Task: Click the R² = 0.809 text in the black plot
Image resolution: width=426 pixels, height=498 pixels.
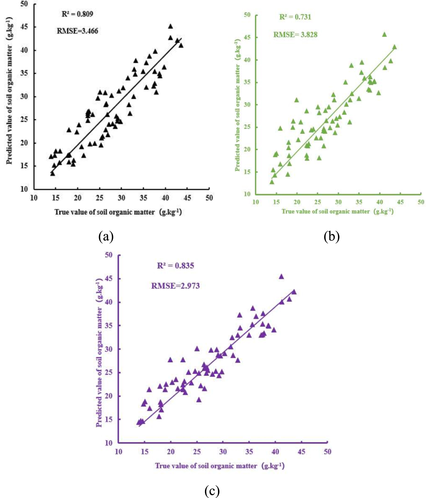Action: click(x=77, y=14)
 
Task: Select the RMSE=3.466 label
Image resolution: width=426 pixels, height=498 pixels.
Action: click(x=77, y=31)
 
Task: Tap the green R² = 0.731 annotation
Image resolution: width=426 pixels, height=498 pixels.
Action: click(x=295, y=17)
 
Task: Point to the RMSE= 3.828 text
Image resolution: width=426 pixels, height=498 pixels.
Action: click(x=295, y=35)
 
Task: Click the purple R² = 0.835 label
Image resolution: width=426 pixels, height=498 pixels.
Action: click(x=175, y=266)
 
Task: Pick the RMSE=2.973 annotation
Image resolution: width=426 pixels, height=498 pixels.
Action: click(x=175, y=286)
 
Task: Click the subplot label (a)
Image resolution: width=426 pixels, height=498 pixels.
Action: click(x=106, y=236)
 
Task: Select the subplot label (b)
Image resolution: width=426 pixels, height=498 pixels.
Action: click(x=331, y=236)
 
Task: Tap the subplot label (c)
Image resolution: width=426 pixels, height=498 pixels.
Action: click(x=212, y=490)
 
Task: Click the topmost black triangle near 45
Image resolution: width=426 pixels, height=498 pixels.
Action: click(x=170, y=26)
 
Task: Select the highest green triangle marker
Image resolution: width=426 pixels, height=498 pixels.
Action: click(x=384, y=35)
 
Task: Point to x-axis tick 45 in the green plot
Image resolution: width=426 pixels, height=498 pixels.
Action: click(x=400, y=202)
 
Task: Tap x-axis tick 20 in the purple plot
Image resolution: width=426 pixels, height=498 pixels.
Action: click(x=171, y=452)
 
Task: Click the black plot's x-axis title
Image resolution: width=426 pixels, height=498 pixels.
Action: click(x=118, y=212)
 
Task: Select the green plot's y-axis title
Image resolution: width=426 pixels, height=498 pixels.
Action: click(x=237, y=105)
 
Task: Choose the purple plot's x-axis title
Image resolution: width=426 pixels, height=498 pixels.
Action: click(x=220, y=466)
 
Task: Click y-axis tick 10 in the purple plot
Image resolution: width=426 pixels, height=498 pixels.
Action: click(x=109, y=443)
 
